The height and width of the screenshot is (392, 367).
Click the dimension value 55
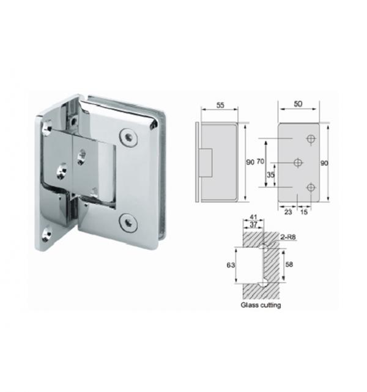[220, 105]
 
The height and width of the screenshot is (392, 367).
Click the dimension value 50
[298, 104]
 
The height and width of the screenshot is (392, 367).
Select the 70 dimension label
[260, 161]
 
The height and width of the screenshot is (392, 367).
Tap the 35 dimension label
[270, 175]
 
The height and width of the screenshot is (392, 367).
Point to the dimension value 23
[288, 212]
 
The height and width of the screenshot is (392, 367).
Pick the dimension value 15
[304, 212]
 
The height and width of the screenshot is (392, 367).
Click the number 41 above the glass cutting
[253, 218]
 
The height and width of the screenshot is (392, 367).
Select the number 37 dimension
[253, 224]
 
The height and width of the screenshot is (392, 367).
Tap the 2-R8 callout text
[287, 237]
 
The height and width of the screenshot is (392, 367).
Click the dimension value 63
[231, 265]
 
